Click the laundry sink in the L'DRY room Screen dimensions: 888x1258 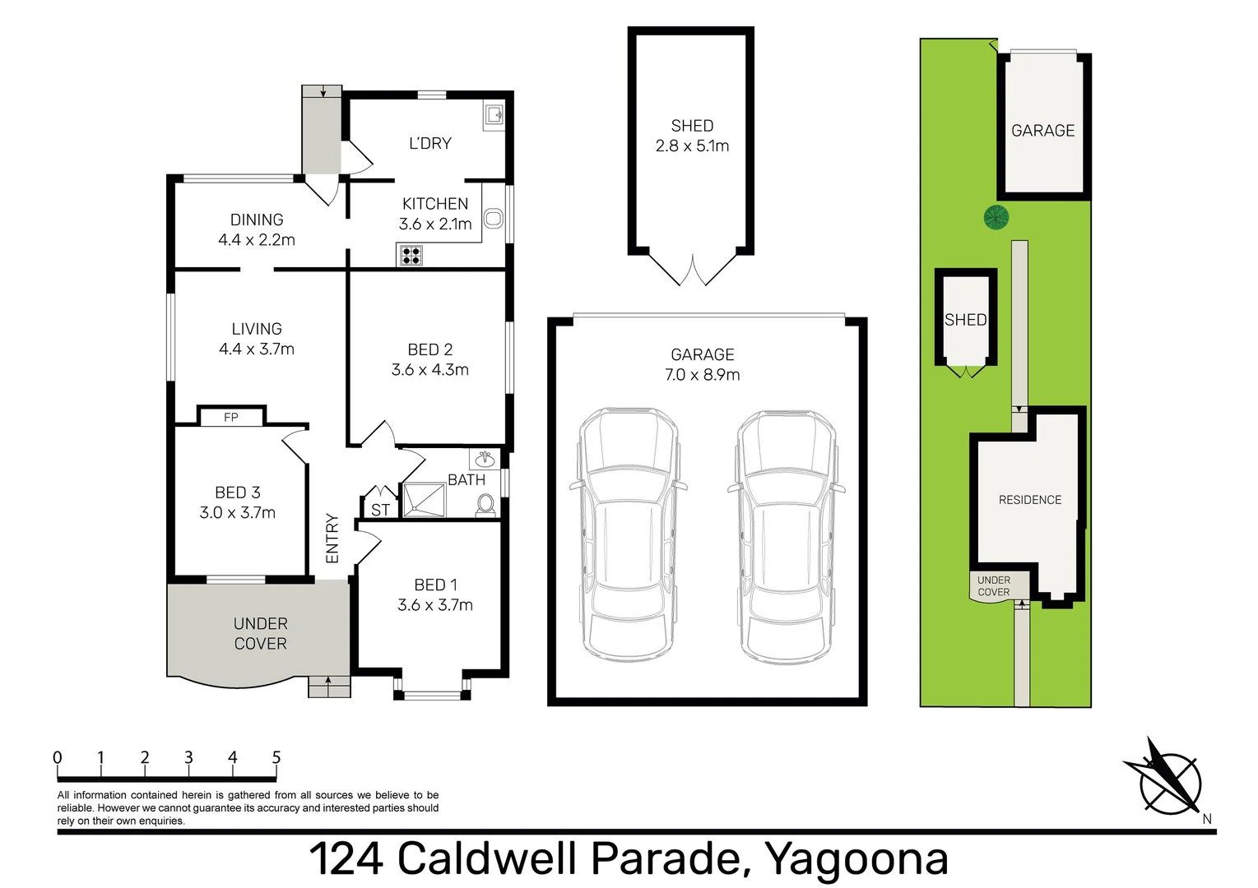(494, 115)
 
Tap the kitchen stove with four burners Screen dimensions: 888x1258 (411, 255)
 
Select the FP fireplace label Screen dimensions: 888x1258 (231, 418)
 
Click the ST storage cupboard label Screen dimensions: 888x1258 (380, 510)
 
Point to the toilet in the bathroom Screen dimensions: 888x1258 (486, 504)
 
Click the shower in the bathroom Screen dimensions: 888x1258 (423, 500)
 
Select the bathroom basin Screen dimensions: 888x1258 (485, 459)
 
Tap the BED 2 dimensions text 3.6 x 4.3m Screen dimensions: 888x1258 (429, 370)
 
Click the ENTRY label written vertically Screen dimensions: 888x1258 (332, 539)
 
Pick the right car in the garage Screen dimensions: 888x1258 (786, 534)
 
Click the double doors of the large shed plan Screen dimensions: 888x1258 (693, 269)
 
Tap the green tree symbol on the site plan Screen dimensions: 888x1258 (996, 217)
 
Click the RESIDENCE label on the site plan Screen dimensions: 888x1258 (1029, 500)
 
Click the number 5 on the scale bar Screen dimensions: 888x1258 (276, 757)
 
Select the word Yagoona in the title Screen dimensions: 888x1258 (856, 858)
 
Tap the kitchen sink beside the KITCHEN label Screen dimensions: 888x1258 (493, 218)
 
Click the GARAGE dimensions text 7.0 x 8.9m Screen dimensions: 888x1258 (702, 375)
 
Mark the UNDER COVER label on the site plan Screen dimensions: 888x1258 (993, 585)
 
